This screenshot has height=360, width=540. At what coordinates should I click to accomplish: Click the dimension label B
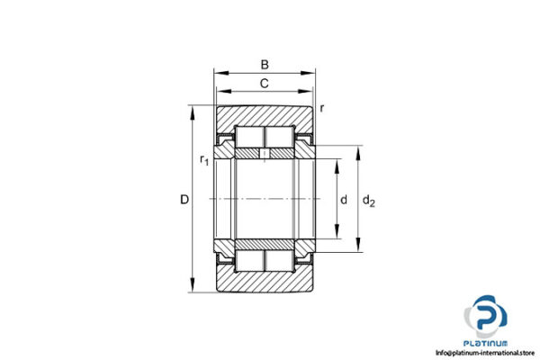click(264, 64)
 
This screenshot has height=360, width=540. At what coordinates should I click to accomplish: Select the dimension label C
click(264, 84)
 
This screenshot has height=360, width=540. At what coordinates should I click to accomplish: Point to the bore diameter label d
click(344, 200)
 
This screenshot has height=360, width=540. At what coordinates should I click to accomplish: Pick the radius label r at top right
click(322, 109)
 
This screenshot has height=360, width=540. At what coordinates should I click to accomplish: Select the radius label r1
click(203, 161)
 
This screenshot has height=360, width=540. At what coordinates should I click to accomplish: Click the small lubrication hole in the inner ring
click(265, 156)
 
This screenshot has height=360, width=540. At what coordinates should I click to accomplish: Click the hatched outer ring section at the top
click(264, 115)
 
